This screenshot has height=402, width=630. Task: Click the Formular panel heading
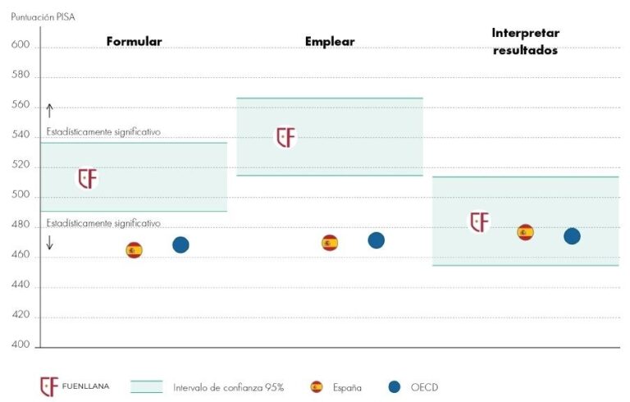(x=134, y=41)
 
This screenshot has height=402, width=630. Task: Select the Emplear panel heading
(x=330, y=41)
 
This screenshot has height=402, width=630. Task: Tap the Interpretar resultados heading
(x=525, y=41)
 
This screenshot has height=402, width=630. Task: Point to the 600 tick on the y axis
(x=21, y=46)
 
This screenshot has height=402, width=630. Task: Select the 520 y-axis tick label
(x=21, y=166)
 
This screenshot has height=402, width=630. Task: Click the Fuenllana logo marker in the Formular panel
(x=87, y=178)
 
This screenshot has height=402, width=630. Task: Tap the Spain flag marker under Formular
(x=134, y=250)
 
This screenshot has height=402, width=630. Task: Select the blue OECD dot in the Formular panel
(x=180, y=244)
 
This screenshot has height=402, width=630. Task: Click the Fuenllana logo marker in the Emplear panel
(x=285, y=137)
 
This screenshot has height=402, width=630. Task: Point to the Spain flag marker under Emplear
(x=330, y=242)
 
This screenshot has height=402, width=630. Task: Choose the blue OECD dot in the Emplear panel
(x=376, y=240)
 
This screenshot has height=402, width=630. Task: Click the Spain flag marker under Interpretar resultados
(x=525, y=232)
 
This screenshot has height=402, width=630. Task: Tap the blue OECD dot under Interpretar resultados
(x=572, y=236)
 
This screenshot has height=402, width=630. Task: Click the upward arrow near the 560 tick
(x=49, y=111)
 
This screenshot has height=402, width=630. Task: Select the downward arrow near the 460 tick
(x=49, y=242)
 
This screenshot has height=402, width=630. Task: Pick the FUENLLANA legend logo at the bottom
(x=50, y=386)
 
